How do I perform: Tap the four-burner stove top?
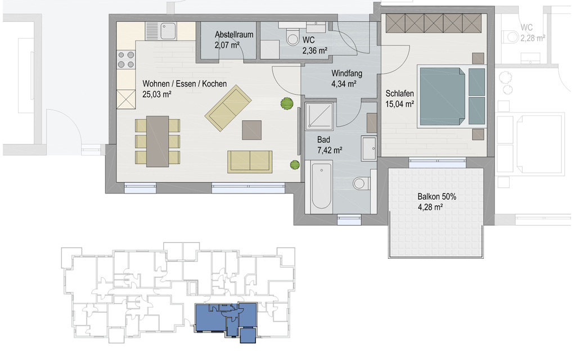pyautogui.click(x=125, y=60)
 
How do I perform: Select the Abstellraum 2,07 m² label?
pyautogui.click(x=234, y=40)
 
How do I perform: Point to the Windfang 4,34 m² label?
pyautogui.click(x=346, y=79)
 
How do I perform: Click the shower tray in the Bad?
pyautogui.click(x=319, y=116)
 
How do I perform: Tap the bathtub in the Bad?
pyautogui.click(x=321, y=187)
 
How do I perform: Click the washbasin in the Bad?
pyautogui.click(x=369, y=148)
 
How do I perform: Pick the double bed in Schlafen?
pyautogui.click(x=451, y=97)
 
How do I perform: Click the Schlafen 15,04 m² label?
pyautogui.click(x=400, y=99)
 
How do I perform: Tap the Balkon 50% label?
pyautogui.click(x=436, y=197)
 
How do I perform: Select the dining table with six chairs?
pyautogui.click(x=157, y=141)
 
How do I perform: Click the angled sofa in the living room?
pyautogui.click(x=228, y=108)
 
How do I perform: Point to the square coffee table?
pyautogui.click(x=251, y=130)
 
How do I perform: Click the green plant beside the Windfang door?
pyautogui.click(x=287, y=103)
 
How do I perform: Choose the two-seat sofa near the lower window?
pyautogui.click(x=250, y=161)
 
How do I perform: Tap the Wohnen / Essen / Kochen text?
pyautogui.click(x=184, y=84)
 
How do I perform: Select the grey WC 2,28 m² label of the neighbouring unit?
pyautogui.click(x=532, y=33)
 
